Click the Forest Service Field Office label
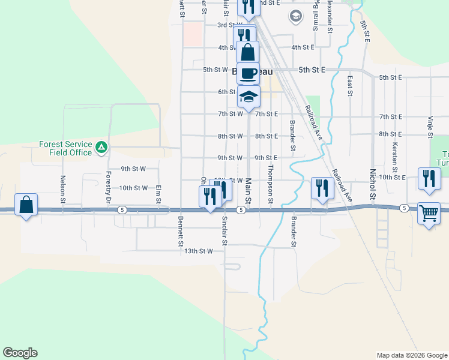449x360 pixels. pos(65,148)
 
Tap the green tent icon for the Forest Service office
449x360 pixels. pos(102,146)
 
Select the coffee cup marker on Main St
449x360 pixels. pos(248,73)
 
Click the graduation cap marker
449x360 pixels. pos(248,95)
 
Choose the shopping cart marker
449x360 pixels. pos(429,212)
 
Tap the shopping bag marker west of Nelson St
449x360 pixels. pos(26,205)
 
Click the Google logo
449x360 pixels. pos(20,353)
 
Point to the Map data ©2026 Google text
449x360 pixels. pos(411,355)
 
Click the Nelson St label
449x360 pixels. pos(62,188)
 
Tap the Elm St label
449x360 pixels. pos(159,191)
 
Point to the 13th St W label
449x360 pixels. pos(199,251)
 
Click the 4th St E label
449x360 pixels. pos(303,47)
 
